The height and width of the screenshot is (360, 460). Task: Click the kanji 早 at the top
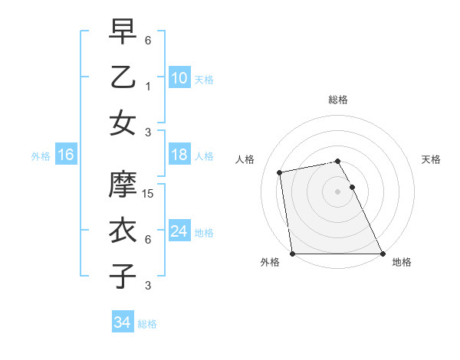click(123, 31)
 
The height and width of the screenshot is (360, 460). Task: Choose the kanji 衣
click(123, 229)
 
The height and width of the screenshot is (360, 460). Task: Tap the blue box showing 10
click(179, 77)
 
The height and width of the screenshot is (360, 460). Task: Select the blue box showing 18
click(179, 155)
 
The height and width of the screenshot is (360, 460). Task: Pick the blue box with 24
click(179, 231)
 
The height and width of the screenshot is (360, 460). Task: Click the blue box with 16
click(65, 155)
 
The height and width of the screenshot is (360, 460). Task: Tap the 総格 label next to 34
click(147, 324)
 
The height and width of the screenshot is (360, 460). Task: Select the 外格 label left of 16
click(41, 156)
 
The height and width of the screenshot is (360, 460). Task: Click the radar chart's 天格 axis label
click(431, 159)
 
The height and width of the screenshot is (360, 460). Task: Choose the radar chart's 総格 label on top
click(337, 100)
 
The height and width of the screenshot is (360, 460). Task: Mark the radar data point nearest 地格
click(383, 254)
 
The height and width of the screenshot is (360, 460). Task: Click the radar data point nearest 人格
click(280, 172)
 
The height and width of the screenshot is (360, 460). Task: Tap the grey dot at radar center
click(337, 191)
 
